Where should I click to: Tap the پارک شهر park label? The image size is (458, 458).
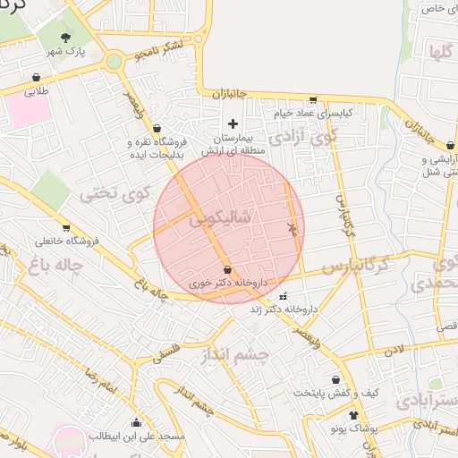[x=64, y=52]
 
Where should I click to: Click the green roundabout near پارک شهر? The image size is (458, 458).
[x=114, y=62]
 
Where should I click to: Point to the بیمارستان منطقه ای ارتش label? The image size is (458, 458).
[x=233, y=144]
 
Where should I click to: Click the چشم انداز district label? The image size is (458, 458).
[x=234, y=354]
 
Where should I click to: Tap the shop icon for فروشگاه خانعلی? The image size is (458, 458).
[x=65, y=228]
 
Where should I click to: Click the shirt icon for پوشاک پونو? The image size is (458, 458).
[x=353, y=415]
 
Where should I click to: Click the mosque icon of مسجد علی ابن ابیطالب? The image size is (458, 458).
[x=136, y=423]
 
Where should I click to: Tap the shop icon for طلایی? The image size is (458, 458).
[x=36, y=78]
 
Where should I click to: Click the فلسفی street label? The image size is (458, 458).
[x=167, y=352]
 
